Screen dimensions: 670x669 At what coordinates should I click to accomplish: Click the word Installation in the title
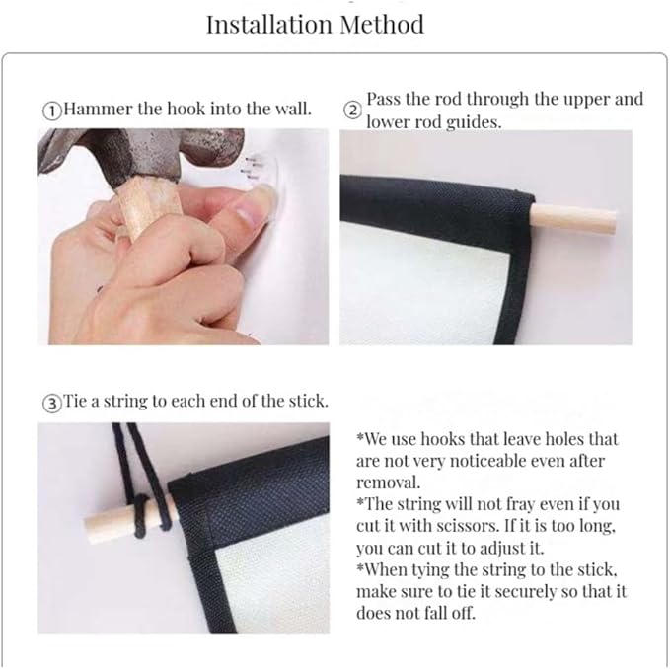point(267,24)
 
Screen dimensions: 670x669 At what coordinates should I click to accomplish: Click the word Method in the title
point(382,24)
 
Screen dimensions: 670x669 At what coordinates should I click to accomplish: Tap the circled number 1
point(51,111)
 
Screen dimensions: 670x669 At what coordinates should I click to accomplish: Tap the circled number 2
point(352,111)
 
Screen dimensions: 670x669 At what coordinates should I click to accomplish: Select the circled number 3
point(51,404)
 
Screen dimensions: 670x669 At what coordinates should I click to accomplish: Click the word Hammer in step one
point(98,109)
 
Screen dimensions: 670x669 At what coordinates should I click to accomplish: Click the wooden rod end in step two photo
point(573,219)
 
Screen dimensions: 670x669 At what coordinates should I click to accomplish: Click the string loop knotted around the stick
point(144,515)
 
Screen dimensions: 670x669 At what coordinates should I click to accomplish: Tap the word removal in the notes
point(389,483)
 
